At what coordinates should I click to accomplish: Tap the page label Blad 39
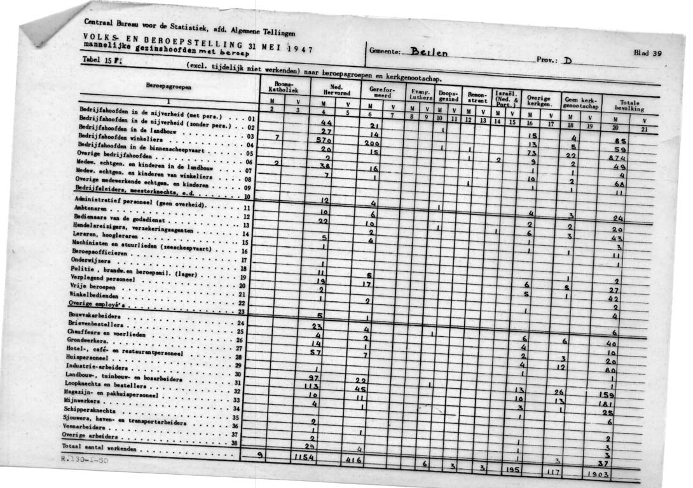point(648,53)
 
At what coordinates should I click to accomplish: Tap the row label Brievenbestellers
point(95,324)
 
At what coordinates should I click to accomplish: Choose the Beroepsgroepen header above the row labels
point(167,86)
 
